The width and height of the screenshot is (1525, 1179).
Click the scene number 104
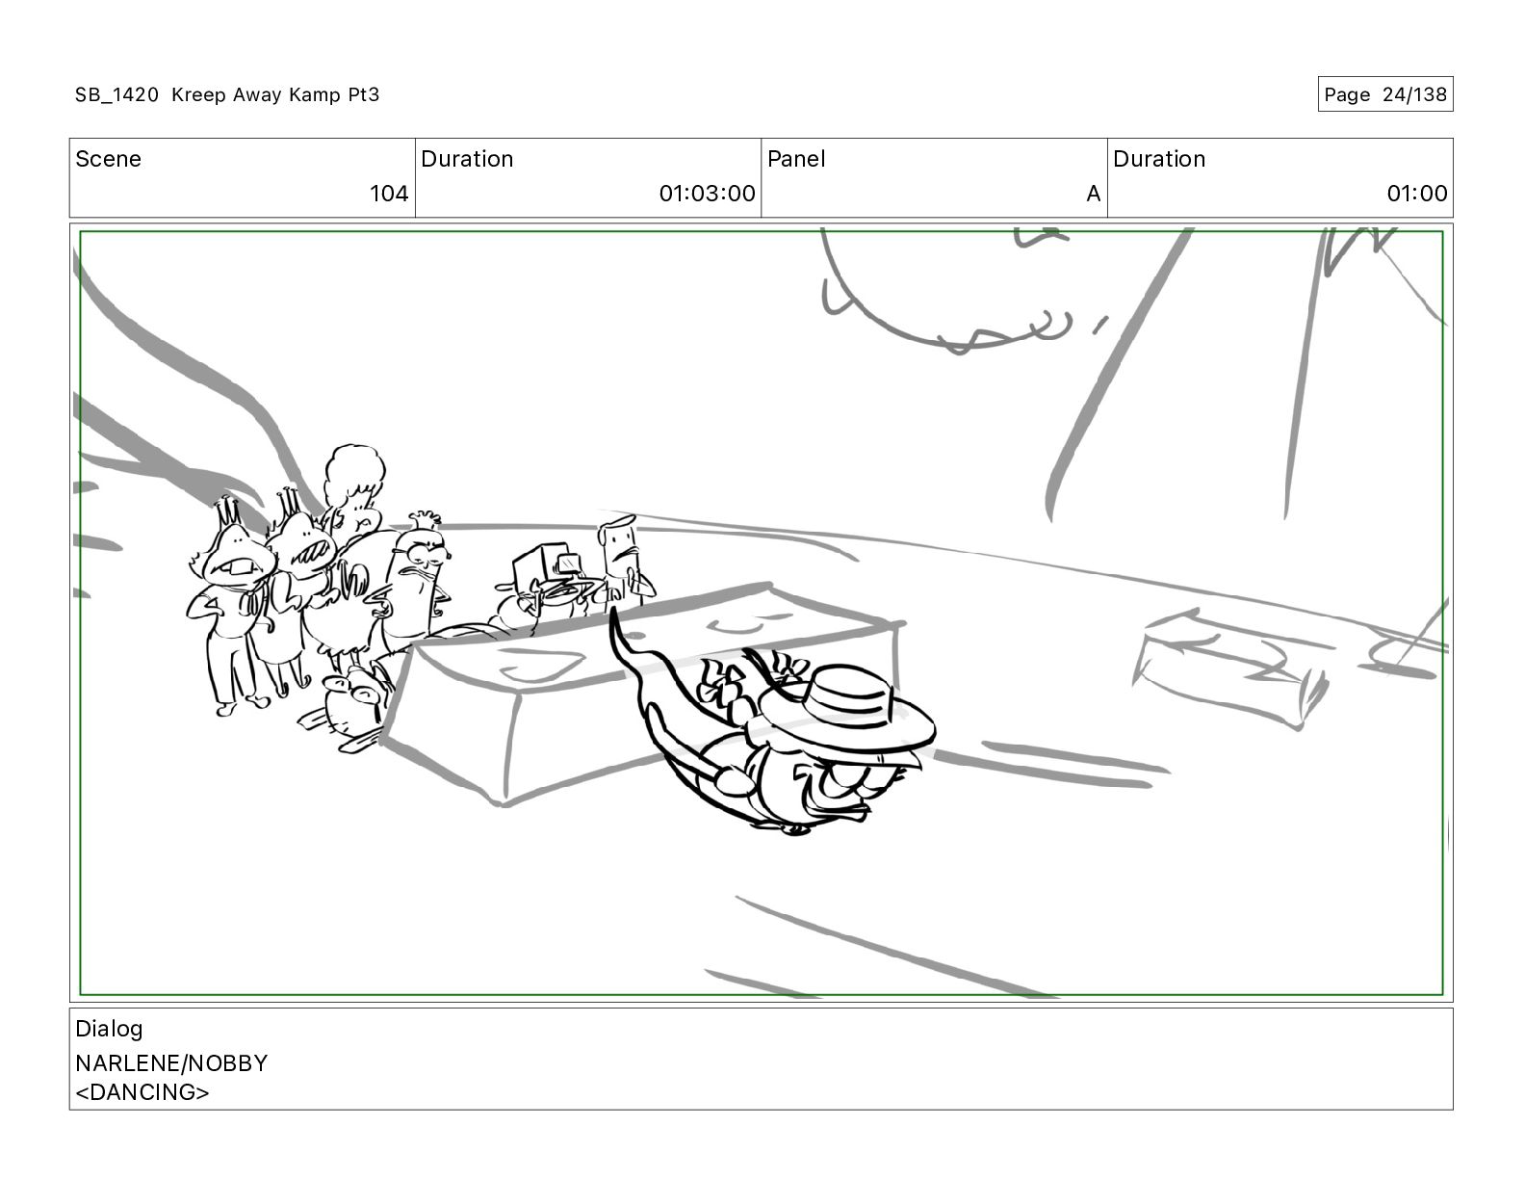(389, 193)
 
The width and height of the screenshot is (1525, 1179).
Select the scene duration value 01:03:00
(707, 193)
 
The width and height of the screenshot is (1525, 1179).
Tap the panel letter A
(1093, 193)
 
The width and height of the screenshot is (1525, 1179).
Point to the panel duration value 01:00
(1416, 193)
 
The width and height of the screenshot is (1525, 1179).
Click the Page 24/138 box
(1384, 94)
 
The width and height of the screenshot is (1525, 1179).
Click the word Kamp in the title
(315, 94)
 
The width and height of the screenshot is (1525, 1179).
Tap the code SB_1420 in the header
(116, 94)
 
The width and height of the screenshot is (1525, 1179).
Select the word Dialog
(109, 1029)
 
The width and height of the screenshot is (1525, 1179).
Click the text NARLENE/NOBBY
(171, 1063)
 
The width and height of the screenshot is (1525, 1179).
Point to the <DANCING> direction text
(142, 1092)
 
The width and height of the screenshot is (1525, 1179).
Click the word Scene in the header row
(108, 159)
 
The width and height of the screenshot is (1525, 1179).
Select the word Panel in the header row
(796, 159)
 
